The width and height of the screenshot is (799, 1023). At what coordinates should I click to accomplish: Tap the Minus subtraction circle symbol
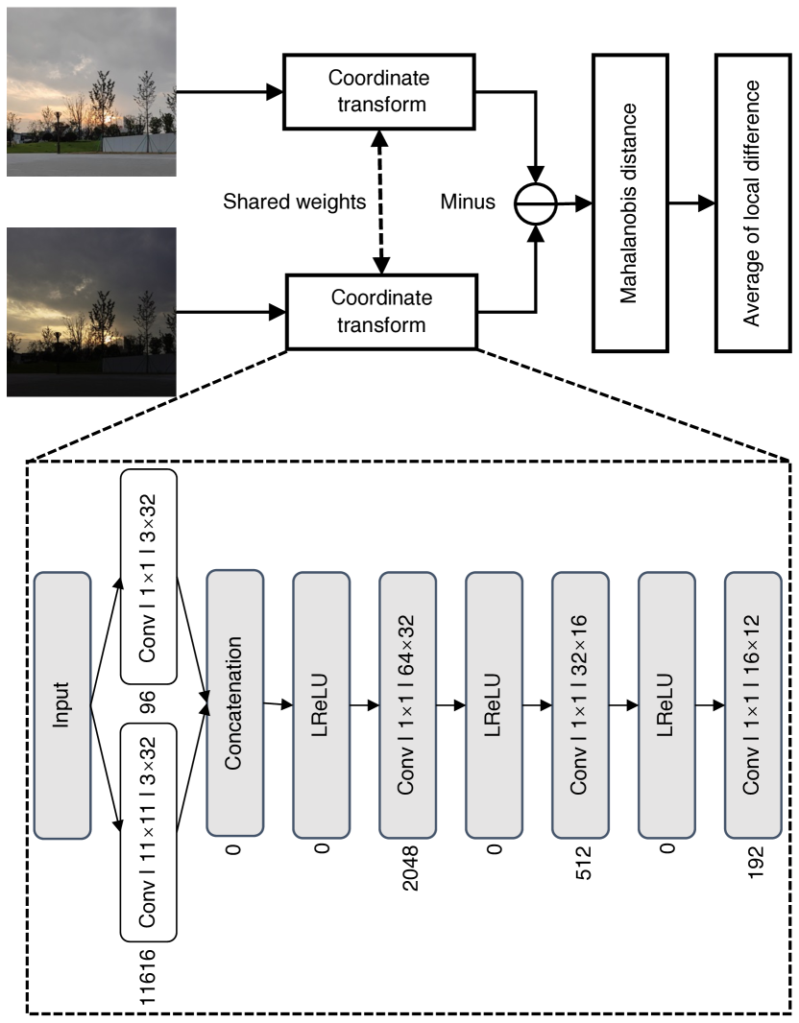click(534, 202)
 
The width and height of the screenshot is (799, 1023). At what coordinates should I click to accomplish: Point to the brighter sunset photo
click(91, 92)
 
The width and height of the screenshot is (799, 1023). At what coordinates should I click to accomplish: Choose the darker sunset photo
click(91, 312)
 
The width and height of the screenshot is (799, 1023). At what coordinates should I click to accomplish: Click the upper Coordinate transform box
click(377, 91)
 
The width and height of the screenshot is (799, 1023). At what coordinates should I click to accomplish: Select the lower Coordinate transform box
click(380, 312)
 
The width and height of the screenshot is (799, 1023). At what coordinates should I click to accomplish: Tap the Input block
click(61, 705)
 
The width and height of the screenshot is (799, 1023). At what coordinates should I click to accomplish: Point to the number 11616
click(149, 977)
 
